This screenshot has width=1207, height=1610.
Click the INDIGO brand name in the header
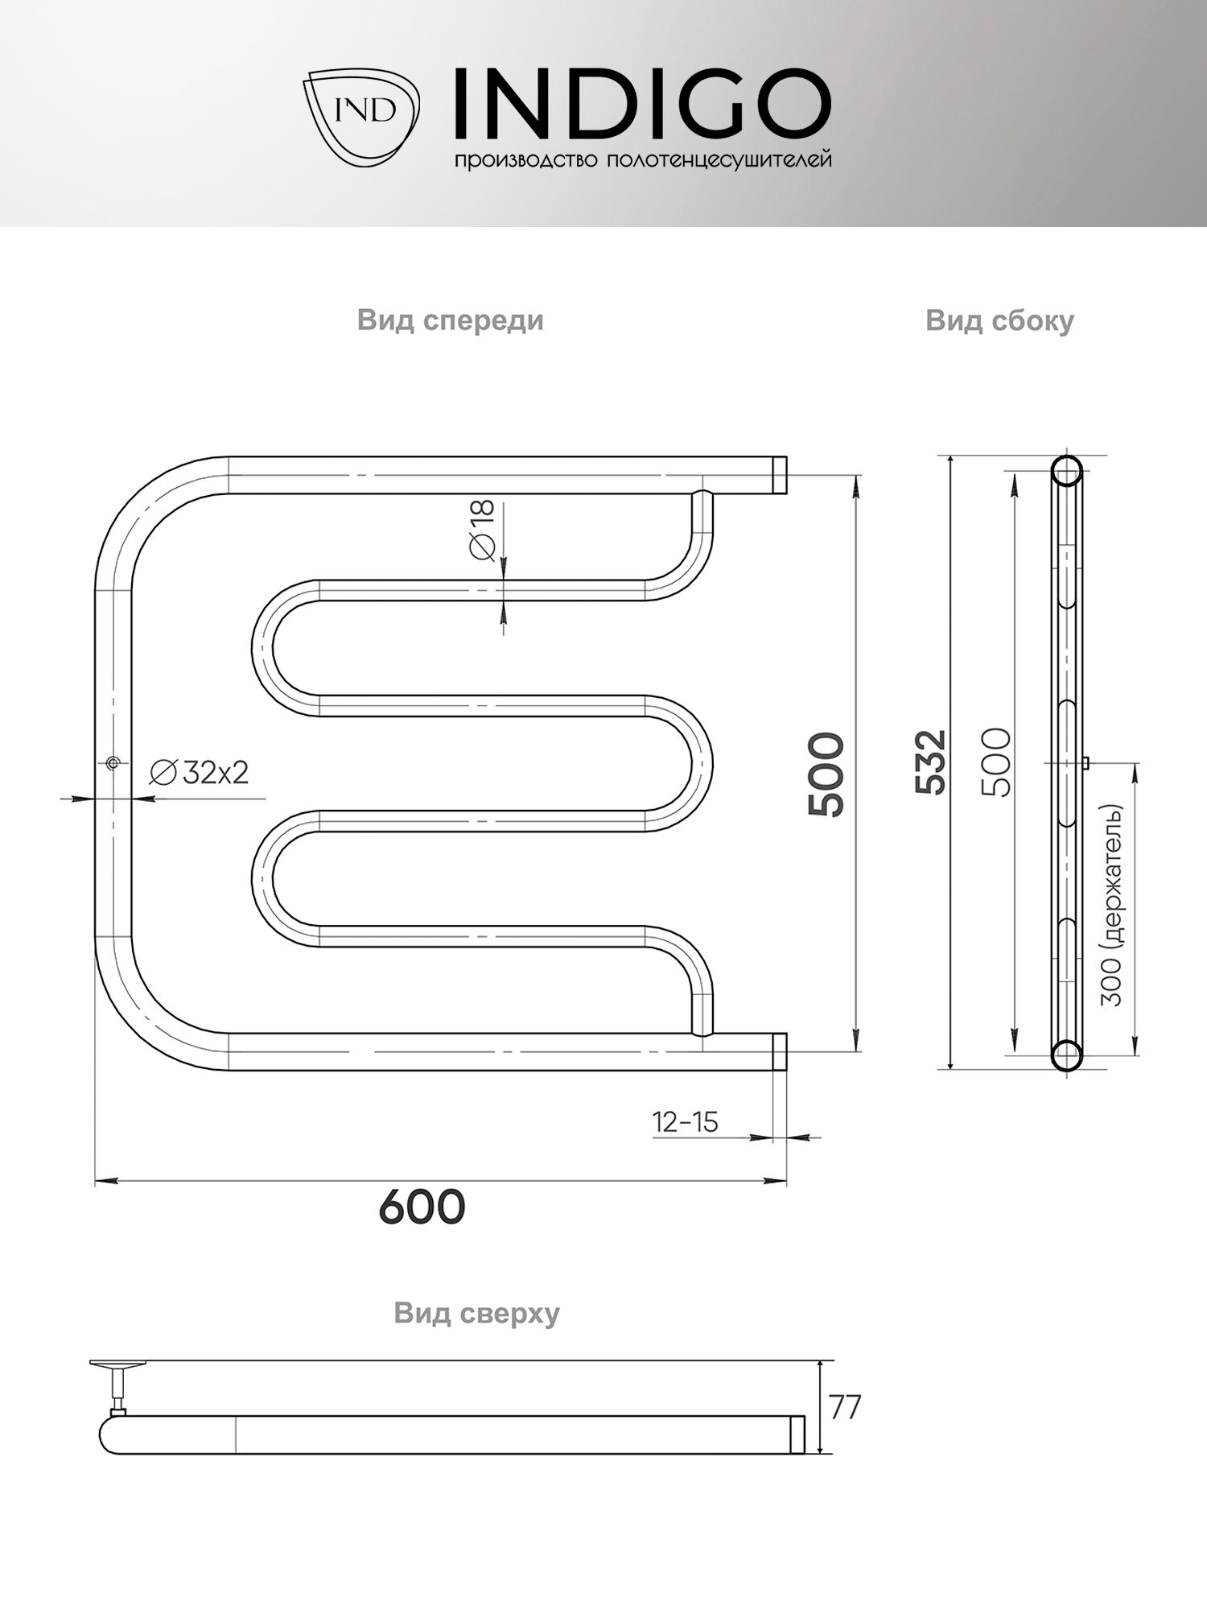pos(642,104)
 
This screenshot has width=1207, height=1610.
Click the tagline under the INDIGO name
pos(642,160)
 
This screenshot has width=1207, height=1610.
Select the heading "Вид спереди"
pos(450,320)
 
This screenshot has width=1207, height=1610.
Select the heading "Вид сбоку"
pos(999,320)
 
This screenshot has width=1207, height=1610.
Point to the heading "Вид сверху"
pos(476,1313)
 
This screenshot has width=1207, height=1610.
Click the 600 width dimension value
pos(422,1207)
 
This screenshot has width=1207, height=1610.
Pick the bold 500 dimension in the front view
pos(827,774)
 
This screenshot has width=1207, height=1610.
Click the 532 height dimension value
pos(931,762)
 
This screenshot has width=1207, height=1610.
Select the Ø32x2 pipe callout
pos(200,773)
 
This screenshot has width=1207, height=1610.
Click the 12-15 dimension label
pos(685,1121)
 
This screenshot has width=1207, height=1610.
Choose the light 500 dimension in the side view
pos(996,762)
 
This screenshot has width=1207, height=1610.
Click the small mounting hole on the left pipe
pos(113,762)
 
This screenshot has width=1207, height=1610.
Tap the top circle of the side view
pos(1067,471)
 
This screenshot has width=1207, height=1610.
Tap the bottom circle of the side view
pos(1066,1054)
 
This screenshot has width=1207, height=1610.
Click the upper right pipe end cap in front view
pos(779,475)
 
